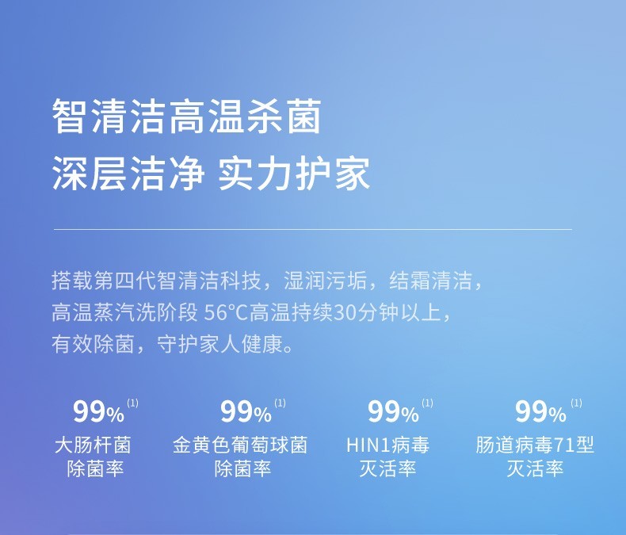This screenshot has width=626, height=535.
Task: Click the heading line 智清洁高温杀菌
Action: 187,117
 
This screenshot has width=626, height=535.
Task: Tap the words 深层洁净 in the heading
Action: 128,174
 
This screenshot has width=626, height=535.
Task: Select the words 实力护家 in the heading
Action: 294,174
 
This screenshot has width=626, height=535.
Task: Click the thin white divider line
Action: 312,230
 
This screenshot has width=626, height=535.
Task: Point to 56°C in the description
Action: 227,312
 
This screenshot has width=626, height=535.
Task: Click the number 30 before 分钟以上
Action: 345,312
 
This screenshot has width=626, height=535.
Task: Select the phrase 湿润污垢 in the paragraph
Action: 326,281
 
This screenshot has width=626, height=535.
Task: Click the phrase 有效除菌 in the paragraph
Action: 93,344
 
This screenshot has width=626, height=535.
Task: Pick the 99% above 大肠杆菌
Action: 98,412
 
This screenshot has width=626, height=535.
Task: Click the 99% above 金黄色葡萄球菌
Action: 246,412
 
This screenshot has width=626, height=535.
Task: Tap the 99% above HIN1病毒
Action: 393,412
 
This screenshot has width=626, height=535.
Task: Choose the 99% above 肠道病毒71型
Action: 540,412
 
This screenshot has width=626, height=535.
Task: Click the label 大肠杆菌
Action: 93,445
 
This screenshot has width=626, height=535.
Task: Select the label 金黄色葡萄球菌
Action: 240,445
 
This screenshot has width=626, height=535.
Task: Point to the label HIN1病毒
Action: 387,445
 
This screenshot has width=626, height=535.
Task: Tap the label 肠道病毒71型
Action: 535,445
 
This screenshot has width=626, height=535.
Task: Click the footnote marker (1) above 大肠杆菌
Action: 132,403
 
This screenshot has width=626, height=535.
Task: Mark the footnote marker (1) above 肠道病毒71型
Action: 576,403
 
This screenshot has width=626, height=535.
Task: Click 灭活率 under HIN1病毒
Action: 387,468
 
